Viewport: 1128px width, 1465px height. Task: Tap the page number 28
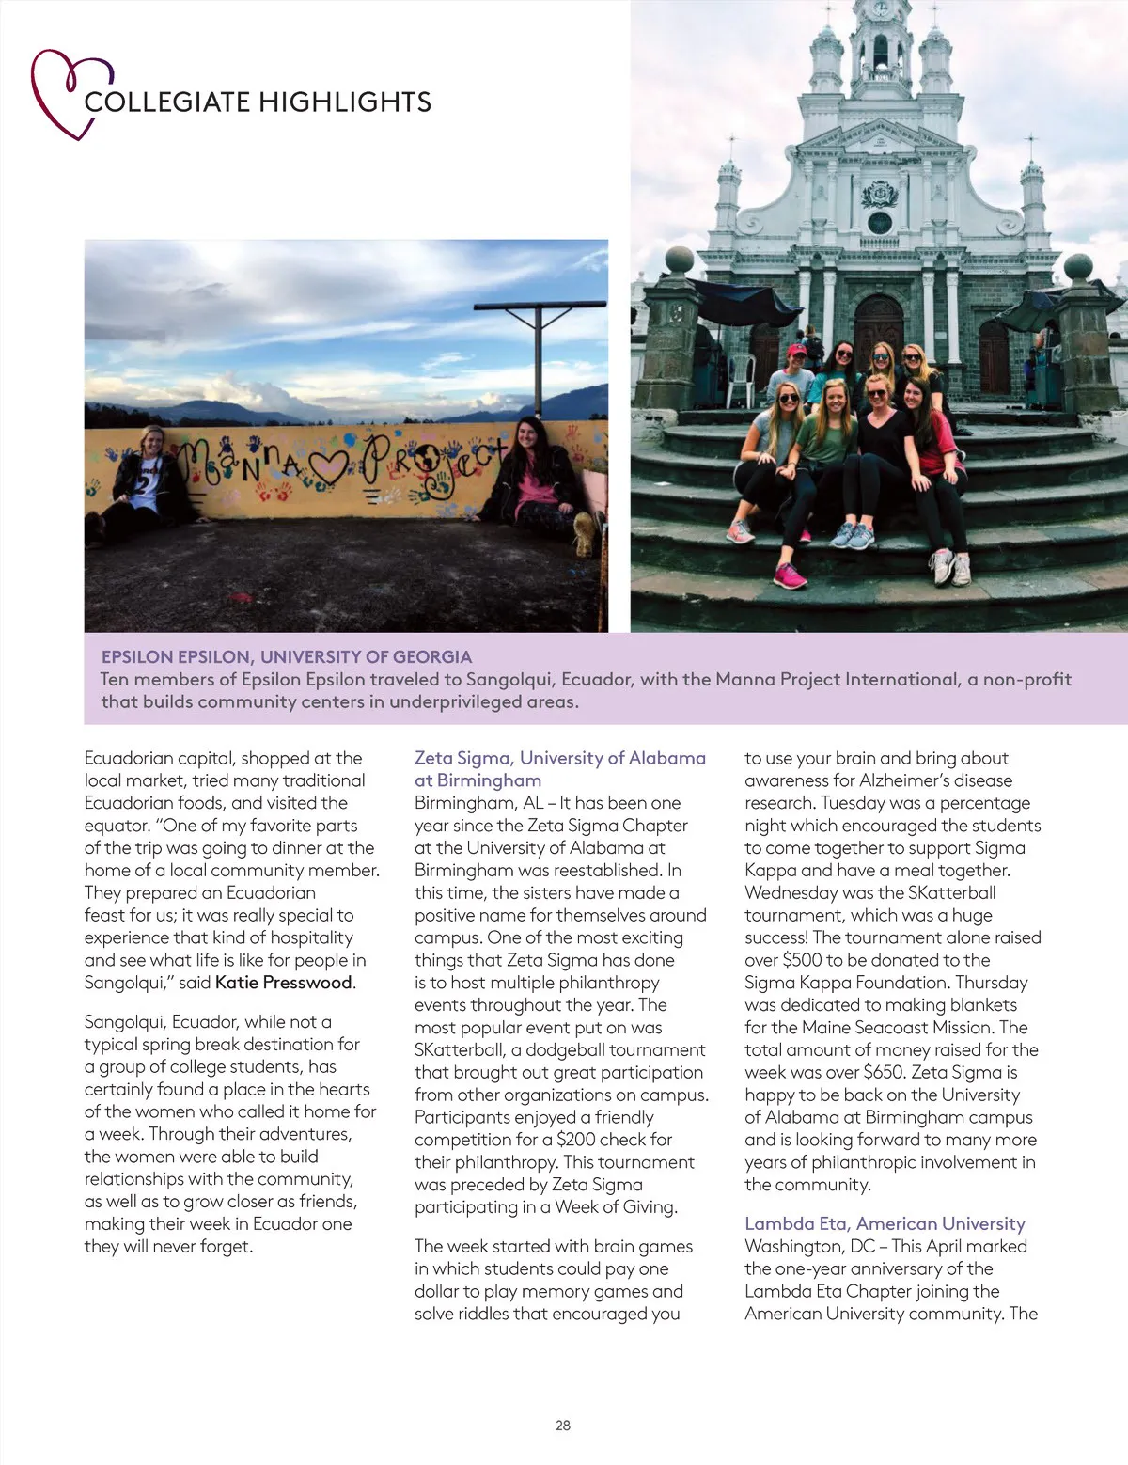(563, 1426)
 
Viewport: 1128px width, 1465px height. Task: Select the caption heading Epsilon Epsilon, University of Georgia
(287, 656)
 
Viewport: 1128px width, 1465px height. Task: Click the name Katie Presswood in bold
(284, 983)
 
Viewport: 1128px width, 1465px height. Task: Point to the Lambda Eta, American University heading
(885, 1223)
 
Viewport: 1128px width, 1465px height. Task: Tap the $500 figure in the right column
(802, 960)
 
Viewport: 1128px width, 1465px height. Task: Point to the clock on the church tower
(881, 8)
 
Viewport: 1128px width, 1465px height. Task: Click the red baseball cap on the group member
(797, 351)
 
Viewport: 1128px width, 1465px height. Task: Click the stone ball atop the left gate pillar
(679, 260)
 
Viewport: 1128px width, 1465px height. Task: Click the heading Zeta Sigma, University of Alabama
(560, 758)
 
